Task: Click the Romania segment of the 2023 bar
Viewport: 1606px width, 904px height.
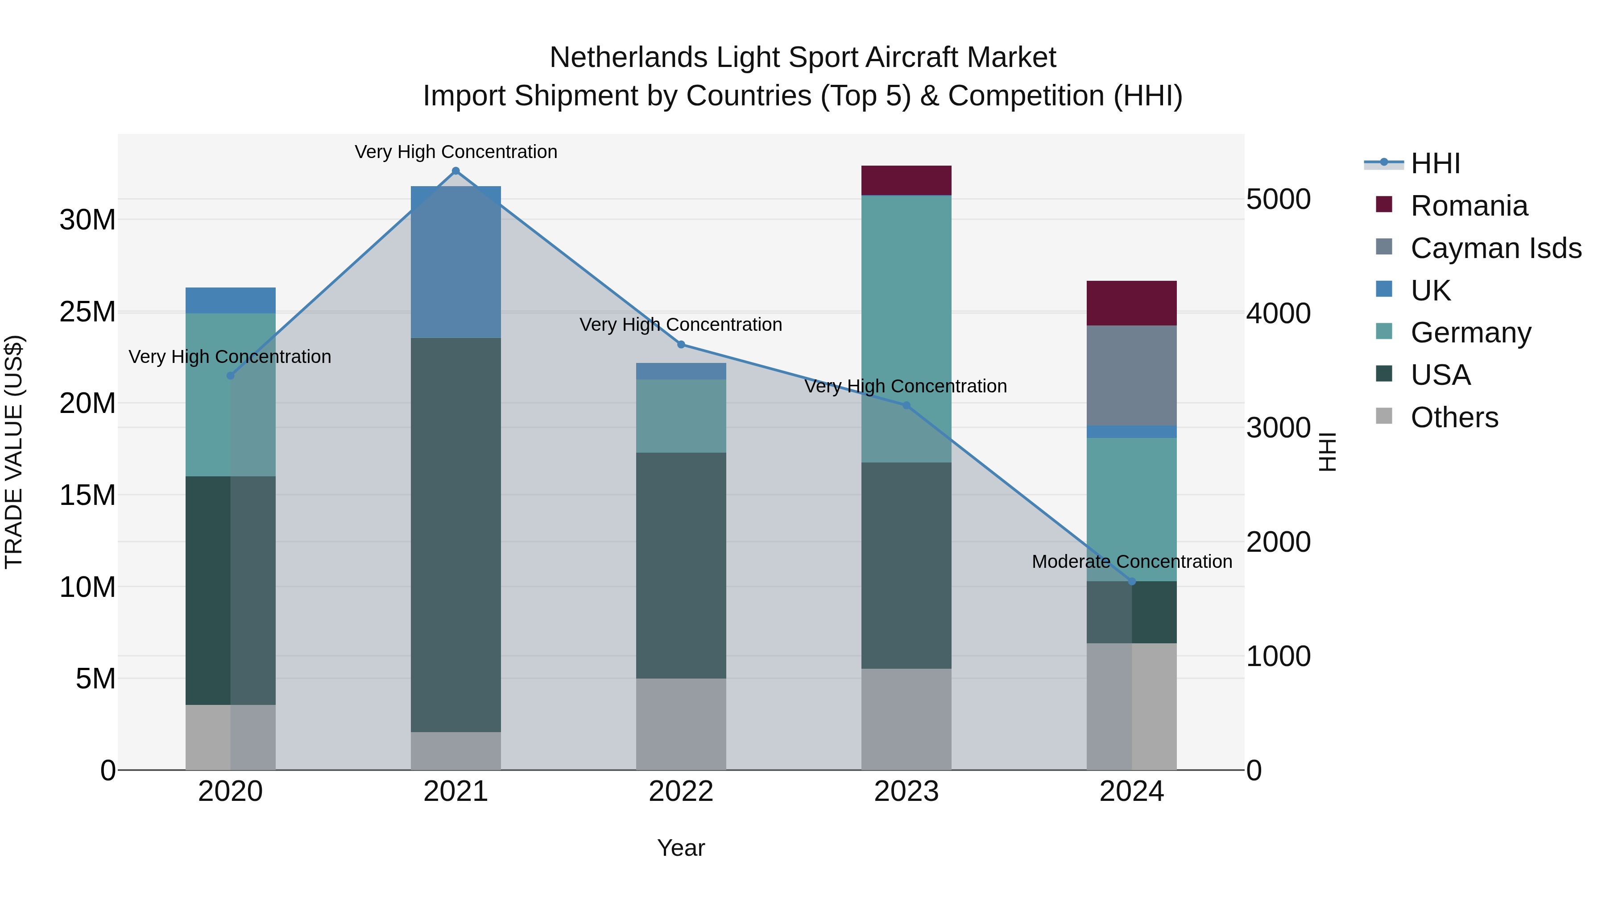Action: [906, 180]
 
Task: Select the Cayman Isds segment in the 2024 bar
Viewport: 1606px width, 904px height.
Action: [1131, 375]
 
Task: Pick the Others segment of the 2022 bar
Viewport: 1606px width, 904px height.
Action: [681, 724]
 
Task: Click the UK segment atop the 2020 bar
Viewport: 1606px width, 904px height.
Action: [230, 300]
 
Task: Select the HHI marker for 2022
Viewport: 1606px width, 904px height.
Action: [681, 344]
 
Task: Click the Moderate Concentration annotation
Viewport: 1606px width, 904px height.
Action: [1131, 562]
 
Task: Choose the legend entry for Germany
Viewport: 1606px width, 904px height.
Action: [1470, 333]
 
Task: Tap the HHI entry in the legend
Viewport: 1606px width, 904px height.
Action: [1435, 163]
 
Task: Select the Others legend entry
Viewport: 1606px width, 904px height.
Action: [1454, 417]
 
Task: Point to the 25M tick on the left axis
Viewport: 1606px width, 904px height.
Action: [87, 311]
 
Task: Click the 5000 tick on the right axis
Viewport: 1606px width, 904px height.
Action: [1278, 200]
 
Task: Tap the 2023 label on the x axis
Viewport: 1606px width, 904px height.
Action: [906, 792]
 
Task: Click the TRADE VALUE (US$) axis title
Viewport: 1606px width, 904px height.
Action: [14, 452]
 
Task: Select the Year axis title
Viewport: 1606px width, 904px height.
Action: [681, 848]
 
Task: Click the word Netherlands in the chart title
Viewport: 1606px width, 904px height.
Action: [628, 58]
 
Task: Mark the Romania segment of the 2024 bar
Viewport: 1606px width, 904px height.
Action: [1131, 303]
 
